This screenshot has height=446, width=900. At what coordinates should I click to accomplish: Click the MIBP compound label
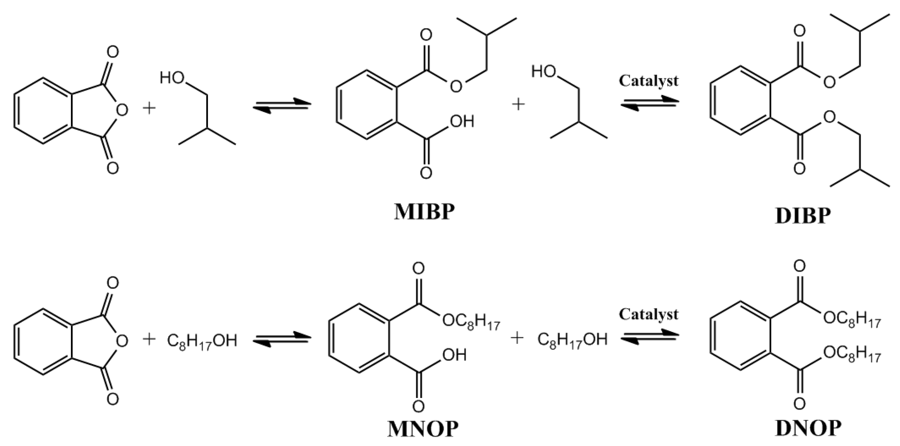[424, 212]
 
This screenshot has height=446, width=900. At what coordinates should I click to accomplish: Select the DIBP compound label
[803, 216]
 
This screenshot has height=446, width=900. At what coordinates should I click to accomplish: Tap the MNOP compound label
[423, 429]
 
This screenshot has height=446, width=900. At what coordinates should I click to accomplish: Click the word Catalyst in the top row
[649, 81]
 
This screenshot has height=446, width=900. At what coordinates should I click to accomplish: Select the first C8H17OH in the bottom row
[202, 341]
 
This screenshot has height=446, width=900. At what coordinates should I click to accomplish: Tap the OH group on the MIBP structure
[462, 122]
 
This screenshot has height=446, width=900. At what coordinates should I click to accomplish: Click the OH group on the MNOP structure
[455, 355]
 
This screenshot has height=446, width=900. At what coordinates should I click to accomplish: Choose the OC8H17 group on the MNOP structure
[471, 320]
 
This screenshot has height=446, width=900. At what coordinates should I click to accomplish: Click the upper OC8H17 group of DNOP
[852, 318]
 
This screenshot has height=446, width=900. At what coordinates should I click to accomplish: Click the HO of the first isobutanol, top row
[172, 78]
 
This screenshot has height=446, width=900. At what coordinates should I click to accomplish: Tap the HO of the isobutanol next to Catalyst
[543, 71]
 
